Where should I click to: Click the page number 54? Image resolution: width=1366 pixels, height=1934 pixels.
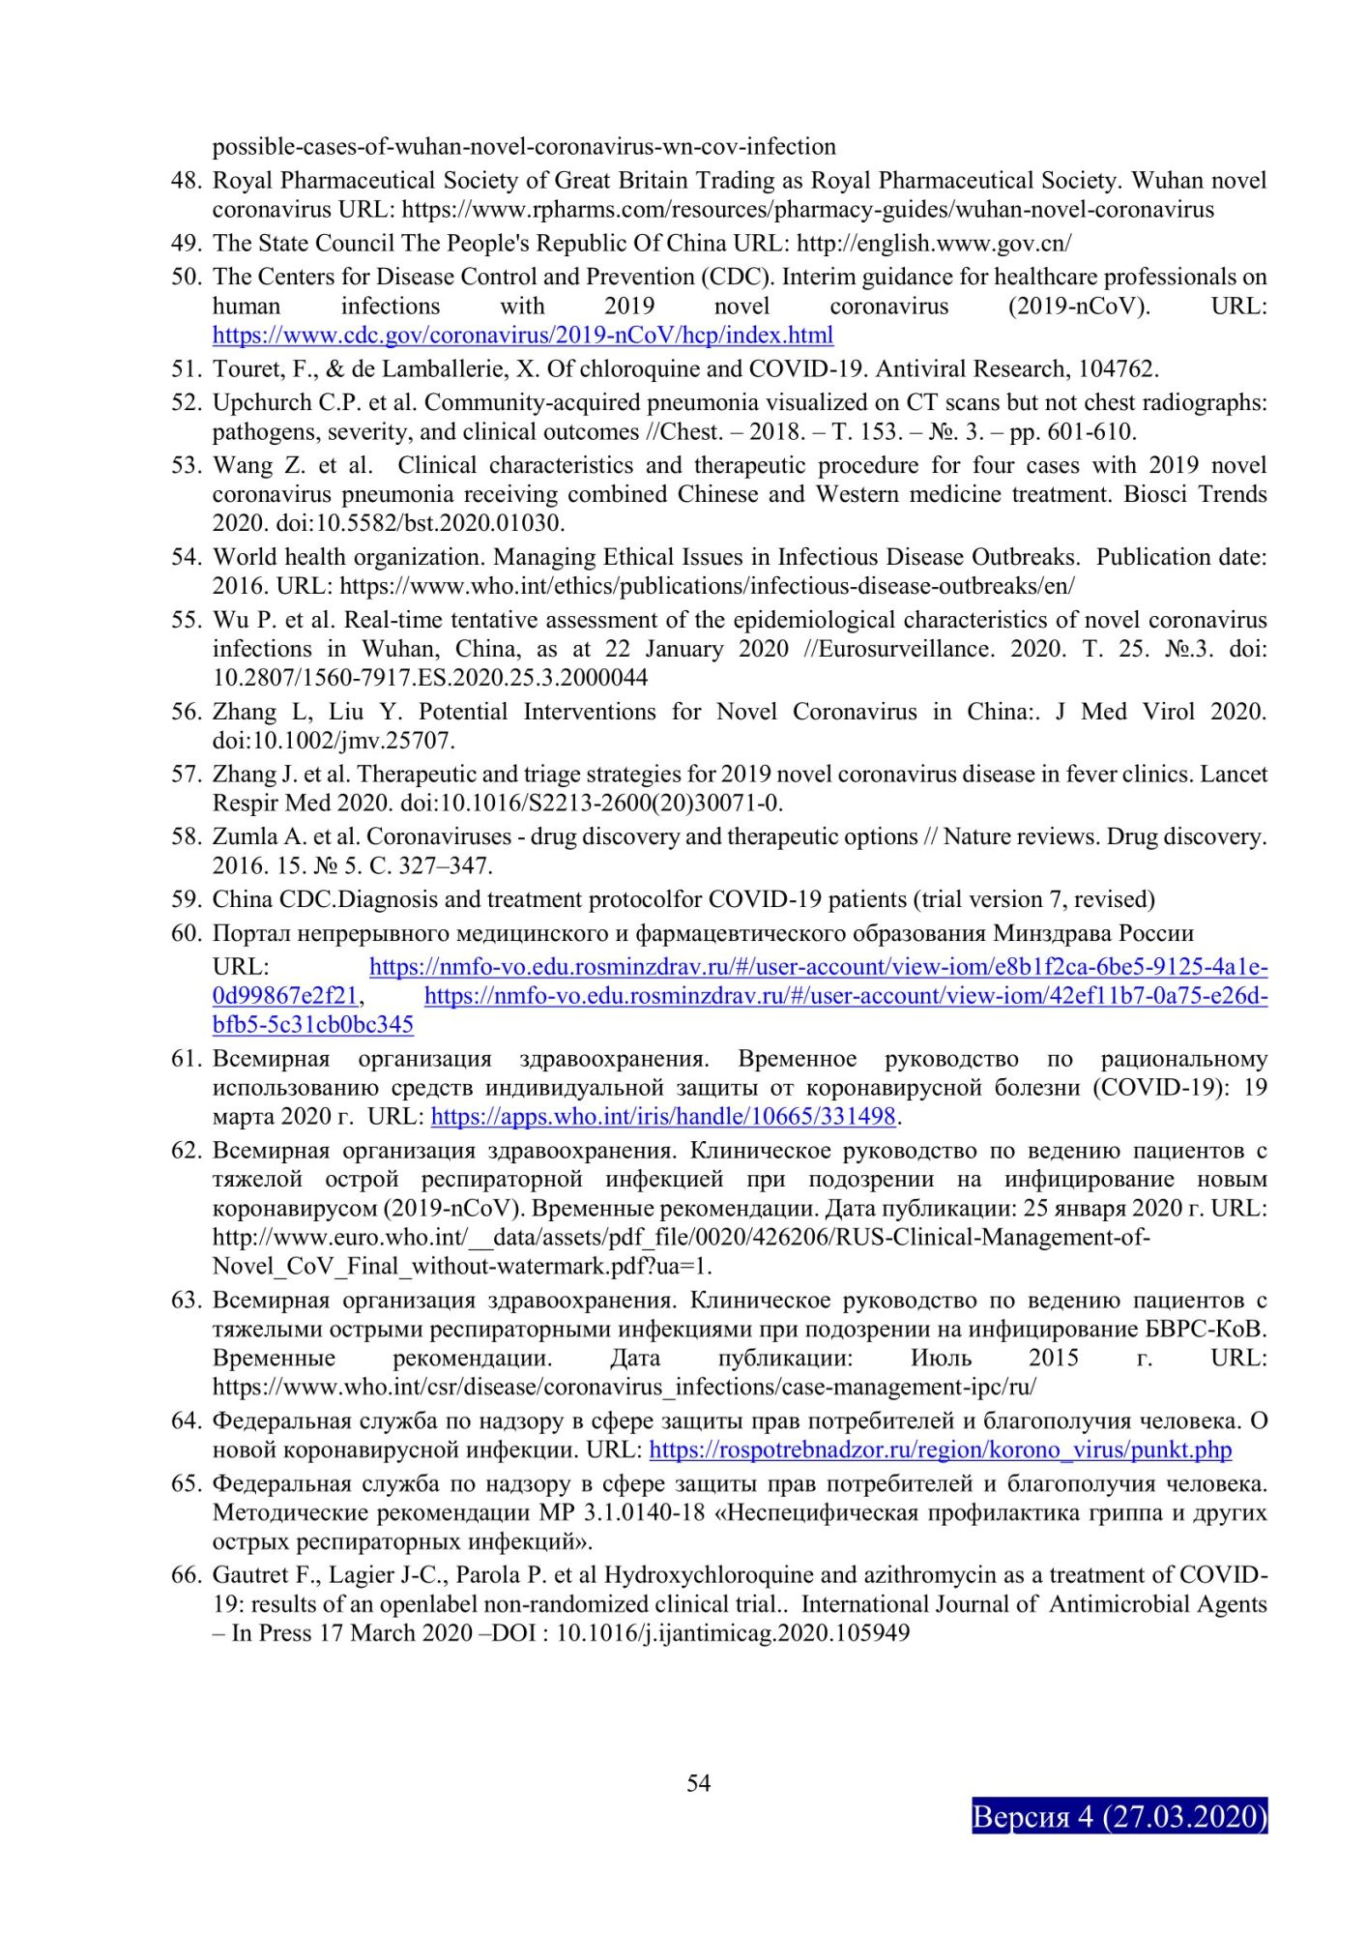point(698,1783)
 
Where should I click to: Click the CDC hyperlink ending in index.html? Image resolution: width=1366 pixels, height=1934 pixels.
point(522,336)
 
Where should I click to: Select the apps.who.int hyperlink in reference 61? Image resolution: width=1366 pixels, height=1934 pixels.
point(663,1117)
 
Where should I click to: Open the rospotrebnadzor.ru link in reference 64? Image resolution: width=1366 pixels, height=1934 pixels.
point(940,1450)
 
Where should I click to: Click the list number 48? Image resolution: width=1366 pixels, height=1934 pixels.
point(187,181)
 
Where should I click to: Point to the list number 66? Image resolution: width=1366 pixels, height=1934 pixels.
point(187,1576)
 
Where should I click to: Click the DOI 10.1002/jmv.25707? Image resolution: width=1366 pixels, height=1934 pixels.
point(333,741)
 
